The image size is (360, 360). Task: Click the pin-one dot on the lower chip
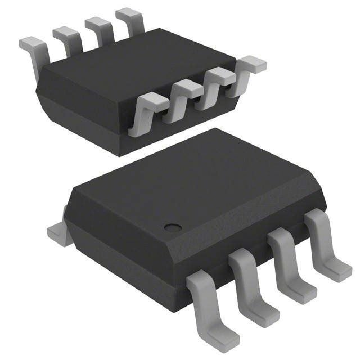173,227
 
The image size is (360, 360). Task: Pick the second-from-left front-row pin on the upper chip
181,94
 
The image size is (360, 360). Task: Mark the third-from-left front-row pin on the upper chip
217,80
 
